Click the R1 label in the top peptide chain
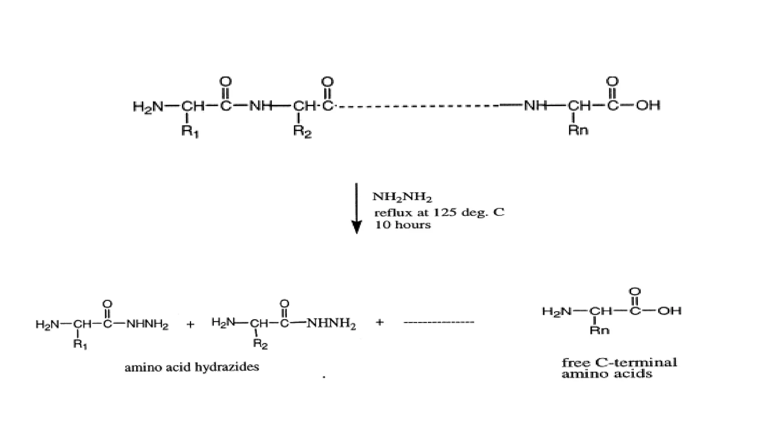point(190,131)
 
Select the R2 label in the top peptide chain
point(302,131)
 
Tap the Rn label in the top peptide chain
point(578,130)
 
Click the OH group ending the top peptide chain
point(648,105)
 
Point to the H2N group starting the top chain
point(148,106)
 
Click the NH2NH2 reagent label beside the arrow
point(402,197)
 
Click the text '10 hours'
point(403,225)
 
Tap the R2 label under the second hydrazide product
point(260,344)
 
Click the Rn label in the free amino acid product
point(599,330)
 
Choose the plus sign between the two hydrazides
point(190,324)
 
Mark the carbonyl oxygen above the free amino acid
point(635,291)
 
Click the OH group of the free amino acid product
point(669,311)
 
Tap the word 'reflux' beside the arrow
point(388,213)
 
